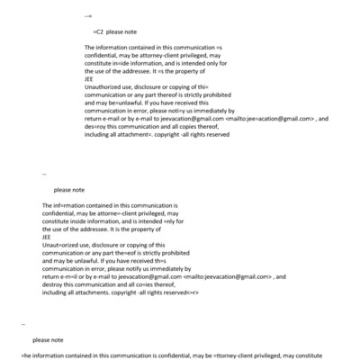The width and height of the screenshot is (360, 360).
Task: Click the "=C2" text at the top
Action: tap(98, 31)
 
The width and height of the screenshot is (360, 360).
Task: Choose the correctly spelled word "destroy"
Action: tap(53, 284)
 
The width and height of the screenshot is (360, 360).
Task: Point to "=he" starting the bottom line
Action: tap(25, 355)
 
